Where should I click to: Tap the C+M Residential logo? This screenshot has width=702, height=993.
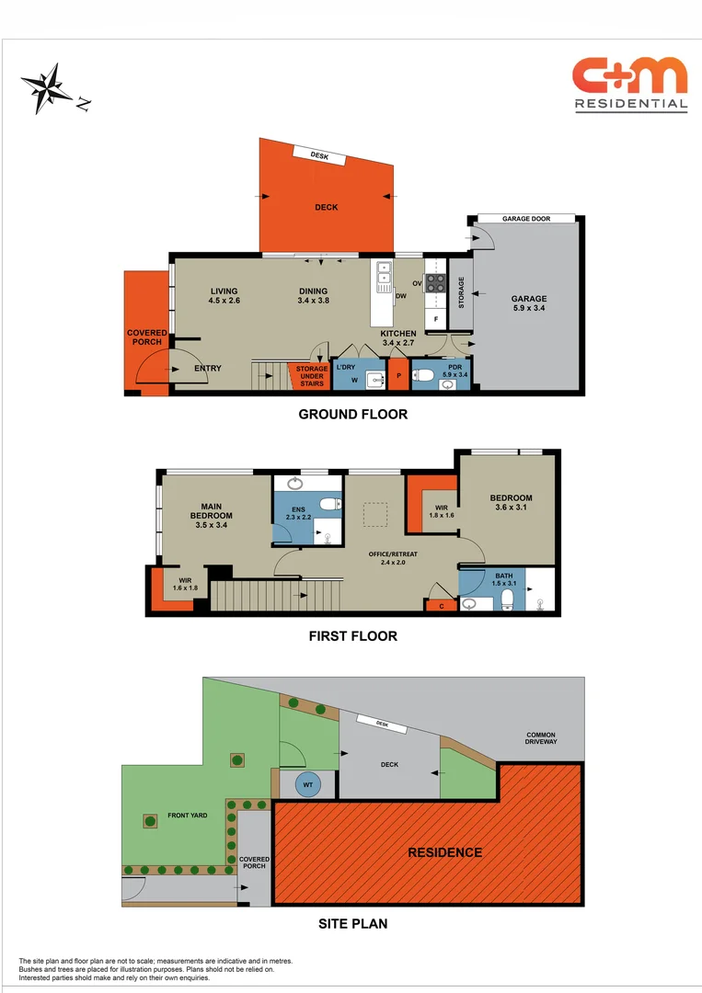tap(630, 84)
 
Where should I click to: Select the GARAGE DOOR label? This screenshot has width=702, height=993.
tap(526, 219)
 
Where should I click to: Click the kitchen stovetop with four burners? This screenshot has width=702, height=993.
tap(435, 283)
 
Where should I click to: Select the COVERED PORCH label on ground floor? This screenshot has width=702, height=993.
tap(147, 337)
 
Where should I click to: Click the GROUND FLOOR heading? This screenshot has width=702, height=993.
tap(352, 415)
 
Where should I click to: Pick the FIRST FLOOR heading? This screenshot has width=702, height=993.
tap(353, 635)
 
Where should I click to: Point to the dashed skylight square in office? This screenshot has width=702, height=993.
tap(375, 514)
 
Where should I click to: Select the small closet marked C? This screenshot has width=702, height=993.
tap(441, 605)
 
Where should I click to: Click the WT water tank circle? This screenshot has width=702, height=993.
tap(308, 785)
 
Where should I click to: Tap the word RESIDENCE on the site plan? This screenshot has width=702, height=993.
tap(444, 852)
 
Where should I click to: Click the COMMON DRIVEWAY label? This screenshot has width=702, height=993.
tap(541, 738)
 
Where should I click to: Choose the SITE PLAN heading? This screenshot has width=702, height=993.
tap(353, 924)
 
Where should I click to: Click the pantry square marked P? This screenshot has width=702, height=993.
tap(398, 375)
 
